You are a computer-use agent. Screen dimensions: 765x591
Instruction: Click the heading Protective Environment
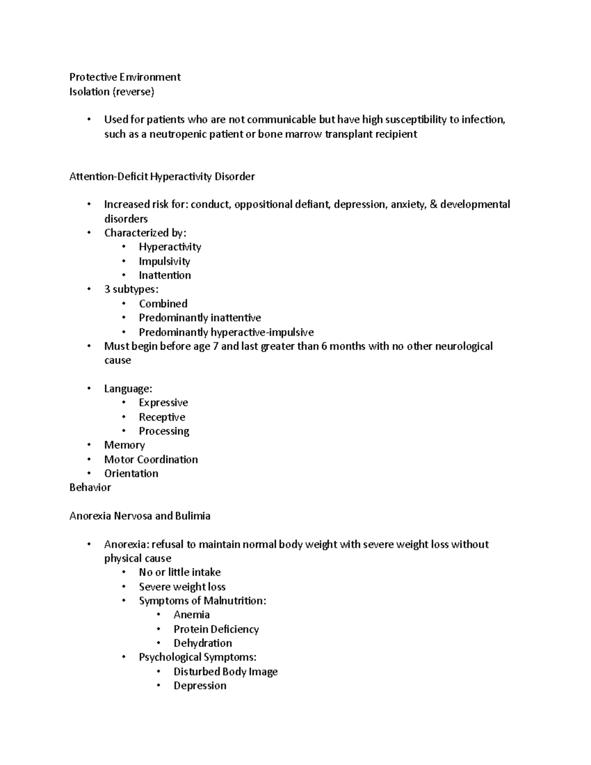[x=125, y=77]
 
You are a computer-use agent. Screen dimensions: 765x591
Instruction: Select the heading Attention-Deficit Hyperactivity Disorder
[x=162, y=176]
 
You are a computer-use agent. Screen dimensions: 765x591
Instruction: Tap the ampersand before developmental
[x=433, y=204]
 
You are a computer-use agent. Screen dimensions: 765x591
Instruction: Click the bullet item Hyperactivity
[x=169, y=247]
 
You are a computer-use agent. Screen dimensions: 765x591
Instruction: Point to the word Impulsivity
[x=164, y=261]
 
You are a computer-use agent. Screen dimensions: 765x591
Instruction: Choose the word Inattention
[x=164, y=275]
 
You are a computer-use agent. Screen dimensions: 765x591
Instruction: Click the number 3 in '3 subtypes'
[x=107, y=289]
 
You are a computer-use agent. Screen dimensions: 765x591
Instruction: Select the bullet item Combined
[x=163, y=303]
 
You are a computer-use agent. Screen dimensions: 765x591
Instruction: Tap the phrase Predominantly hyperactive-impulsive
[x=226, y=332]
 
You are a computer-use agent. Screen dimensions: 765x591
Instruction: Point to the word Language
[x=127, y=389]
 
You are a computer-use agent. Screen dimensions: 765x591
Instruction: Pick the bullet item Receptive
[x=162, y=417]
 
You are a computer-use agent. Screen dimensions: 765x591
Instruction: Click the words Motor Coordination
[x=151, y=460]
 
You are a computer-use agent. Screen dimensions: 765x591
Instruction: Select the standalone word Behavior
[x=90, y=487]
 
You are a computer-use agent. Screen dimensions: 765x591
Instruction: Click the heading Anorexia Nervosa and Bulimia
[x=140, y=516]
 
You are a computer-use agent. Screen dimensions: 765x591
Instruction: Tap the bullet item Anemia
[x=192, y=615]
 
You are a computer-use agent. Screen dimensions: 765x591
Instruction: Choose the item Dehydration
[x=202, y=643]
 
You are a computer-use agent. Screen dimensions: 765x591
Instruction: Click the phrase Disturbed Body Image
[x=226, y=671]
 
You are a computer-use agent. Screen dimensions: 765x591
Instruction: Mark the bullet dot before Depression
[x=159, y=685]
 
